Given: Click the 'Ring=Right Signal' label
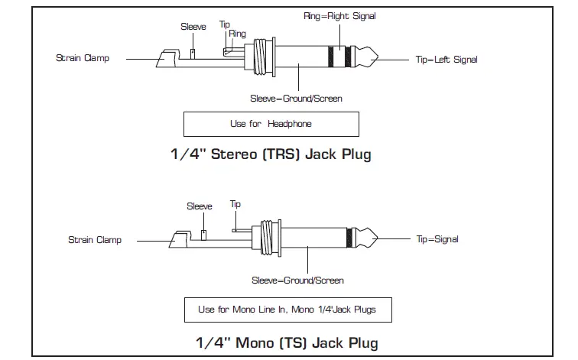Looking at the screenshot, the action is [x=339, y=16].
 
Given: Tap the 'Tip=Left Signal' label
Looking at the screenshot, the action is [x=446, y=60].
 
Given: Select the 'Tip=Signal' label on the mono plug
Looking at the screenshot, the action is [x=437, y=239].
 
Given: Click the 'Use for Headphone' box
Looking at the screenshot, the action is [x=271, y=124].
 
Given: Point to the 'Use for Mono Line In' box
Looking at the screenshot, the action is [x=288, y=310].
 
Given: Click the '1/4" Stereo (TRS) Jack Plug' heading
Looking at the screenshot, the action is [x=271, y=154].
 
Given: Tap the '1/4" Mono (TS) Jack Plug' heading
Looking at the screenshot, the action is [x=287, y=342].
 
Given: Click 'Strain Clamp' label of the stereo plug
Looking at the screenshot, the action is [x=83, y=58].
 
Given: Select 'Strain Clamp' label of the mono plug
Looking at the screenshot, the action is [x=95, y=240].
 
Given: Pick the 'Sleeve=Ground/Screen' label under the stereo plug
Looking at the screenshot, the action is [x=296, y=99].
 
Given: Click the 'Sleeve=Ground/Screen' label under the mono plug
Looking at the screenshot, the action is [x=297, y=281].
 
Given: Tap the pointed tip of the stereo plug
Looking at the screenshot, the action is [x=378, y=57].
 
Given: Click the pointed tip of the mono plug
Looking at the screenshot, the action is [x=378, y=238].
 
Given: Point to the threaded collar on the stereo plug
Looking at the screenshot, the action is [x=260, y=57].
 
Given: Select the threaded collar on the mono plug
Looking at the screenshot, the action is [x=267, y=238].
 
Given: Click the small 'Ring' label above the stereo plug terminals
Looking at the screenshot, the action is [x=237, y=34].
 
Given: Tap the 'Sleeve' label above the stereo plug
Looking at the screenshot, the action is [x=193, y=27].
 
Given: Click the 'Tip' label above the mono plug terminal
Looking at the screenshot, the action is [x=235, y=204].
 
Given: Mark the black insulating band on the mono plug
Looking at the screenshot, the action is [x=349, y=238].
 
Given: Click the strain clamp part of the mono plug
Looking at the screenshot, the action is [x=180, y=239].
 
